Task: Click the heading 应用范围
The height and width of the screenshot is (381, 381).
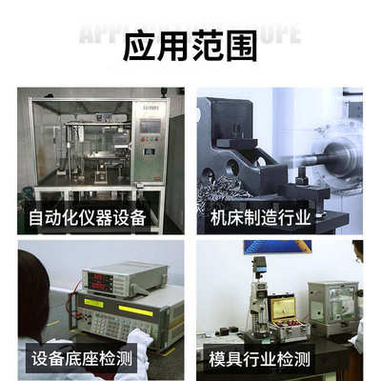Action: tap(190, 44)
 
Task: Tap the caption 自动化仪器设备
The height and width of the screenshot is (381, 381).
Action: tap(88, 218)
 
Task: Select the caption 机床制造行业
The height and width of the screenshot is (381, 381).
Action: tap(261, 218)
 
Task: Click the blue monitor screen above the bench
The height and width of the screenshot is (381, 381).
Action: tap(276, 247)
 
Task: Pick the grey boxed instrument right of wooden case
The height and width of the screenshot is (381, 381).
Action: tap(334, 304)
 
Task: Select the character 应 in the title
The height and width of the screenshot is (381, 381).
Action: tap(140, 44)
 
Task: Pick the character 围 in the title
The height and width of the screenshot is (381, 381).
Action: tap(241, 44)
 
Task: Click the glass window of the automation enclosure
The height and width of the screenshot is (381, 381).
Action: tap(81, 143)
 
